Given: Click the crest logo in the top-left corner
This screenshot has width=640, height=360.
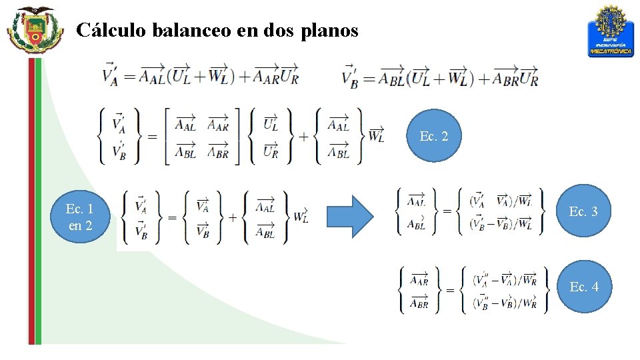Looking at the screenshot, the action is [x=35, y=30].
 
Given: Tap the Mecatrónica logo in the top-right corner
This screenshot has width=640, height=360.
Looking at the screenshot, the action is [x=610, y=31].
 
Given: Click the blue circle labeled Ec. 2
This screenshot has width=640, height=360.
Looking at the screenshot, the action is [x=434, y=136].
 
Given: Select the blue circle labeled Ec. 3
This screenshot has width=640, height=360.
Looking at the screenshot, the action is [x=583, y=211].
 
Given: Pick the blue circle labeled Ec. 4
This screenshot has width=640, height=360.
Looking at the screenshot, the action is [x=583, y=287].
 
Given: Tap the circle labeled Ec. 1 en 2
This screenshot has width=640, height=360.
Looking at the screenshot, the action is [x=80, y=217].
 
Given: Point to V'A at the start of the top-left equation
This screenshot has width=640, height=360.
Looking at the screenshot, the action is [x=111, y=74].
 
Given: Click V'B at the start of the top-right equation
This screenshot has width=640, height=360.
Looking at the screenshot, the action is [x=352, y=74].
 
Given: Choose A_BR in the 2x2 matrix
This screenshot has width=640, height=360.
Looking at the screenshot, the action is [x=218, y=152].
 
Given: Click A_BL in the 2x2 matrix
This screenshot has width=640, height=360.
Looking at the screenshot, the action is [x=185, y=152].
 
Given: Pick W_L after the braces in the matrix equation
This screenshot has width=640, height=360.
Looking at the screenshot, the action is [x=376, y=136].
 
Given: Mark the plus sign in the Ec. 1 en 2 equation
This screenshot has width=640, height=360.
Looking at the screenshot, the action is [x=233, y=217].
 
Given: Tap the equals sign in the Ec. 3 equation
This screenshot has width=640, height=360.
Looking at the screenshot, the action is [x=447, y=211].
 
